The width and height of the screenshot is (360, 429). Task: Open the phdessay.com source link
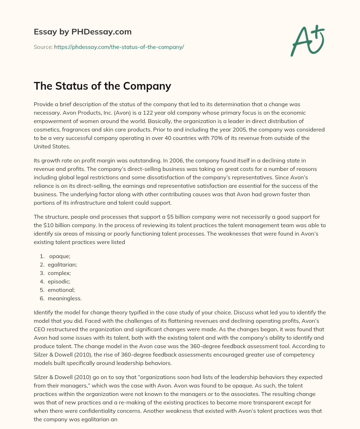point(119,47)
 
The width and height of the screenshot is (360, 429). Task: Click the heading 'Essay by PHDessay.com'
point(83,32)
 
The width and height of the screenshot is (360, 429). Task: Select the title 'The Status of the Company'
point(102,86)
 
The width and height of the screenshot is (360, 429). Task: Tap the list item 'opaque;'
point(60,256)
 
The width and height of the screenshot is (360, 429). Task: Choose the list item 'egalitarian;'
point(62,264)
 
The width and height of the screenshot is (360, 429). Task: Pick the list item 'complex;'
point(59,273)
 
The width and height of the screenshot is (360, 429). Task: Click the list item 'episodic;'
point(59,281)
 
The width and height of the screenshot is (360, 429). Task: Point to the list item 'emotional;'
point(61,290)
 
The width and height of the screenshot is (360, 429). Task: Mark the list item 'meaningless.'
point(65,298)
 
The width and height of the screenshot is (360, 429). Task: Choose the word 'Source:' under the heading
point(43,47)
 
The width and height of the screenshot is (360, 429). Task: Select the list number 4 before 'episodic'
point(42,281)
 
